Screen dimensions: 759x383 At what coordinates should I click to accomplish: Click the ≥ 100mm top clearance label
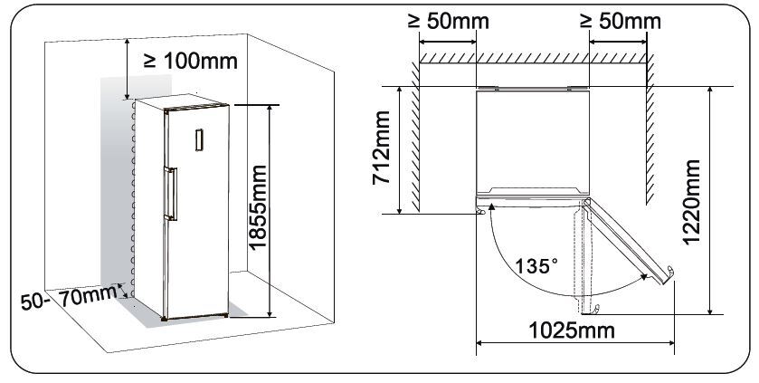pyautogui.click(x=191, y=61)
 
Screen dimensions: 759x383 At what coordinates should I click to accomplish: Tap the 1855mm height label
pyautogui.click(x=257, y=207)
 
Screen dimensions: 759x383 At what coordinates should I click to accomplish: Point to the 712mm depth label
pyautogui.click(x=381, y=148)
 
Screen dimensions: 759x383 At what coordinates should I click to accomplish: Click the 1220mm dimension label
pyautogui.click(x=691, y=203)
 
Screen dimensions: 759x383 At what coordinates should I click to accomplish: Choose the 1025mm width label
pyautogui.click(x=572, y=330)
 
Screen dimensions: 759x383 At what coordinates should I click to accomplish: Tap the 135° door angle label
pyautogui.click(x=536, y=266)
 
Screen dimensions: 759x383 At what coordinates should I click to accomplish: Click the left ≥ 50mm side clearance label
pyautogui.click(x=448, y=21)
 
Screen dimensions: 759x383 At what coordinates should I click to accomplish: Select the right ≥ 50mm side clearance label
pyautogui.click(x=621, y=21)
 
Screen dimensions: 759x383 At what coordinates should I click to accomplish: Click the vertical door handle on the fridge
pyautogui.click(x=171, y=194)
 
